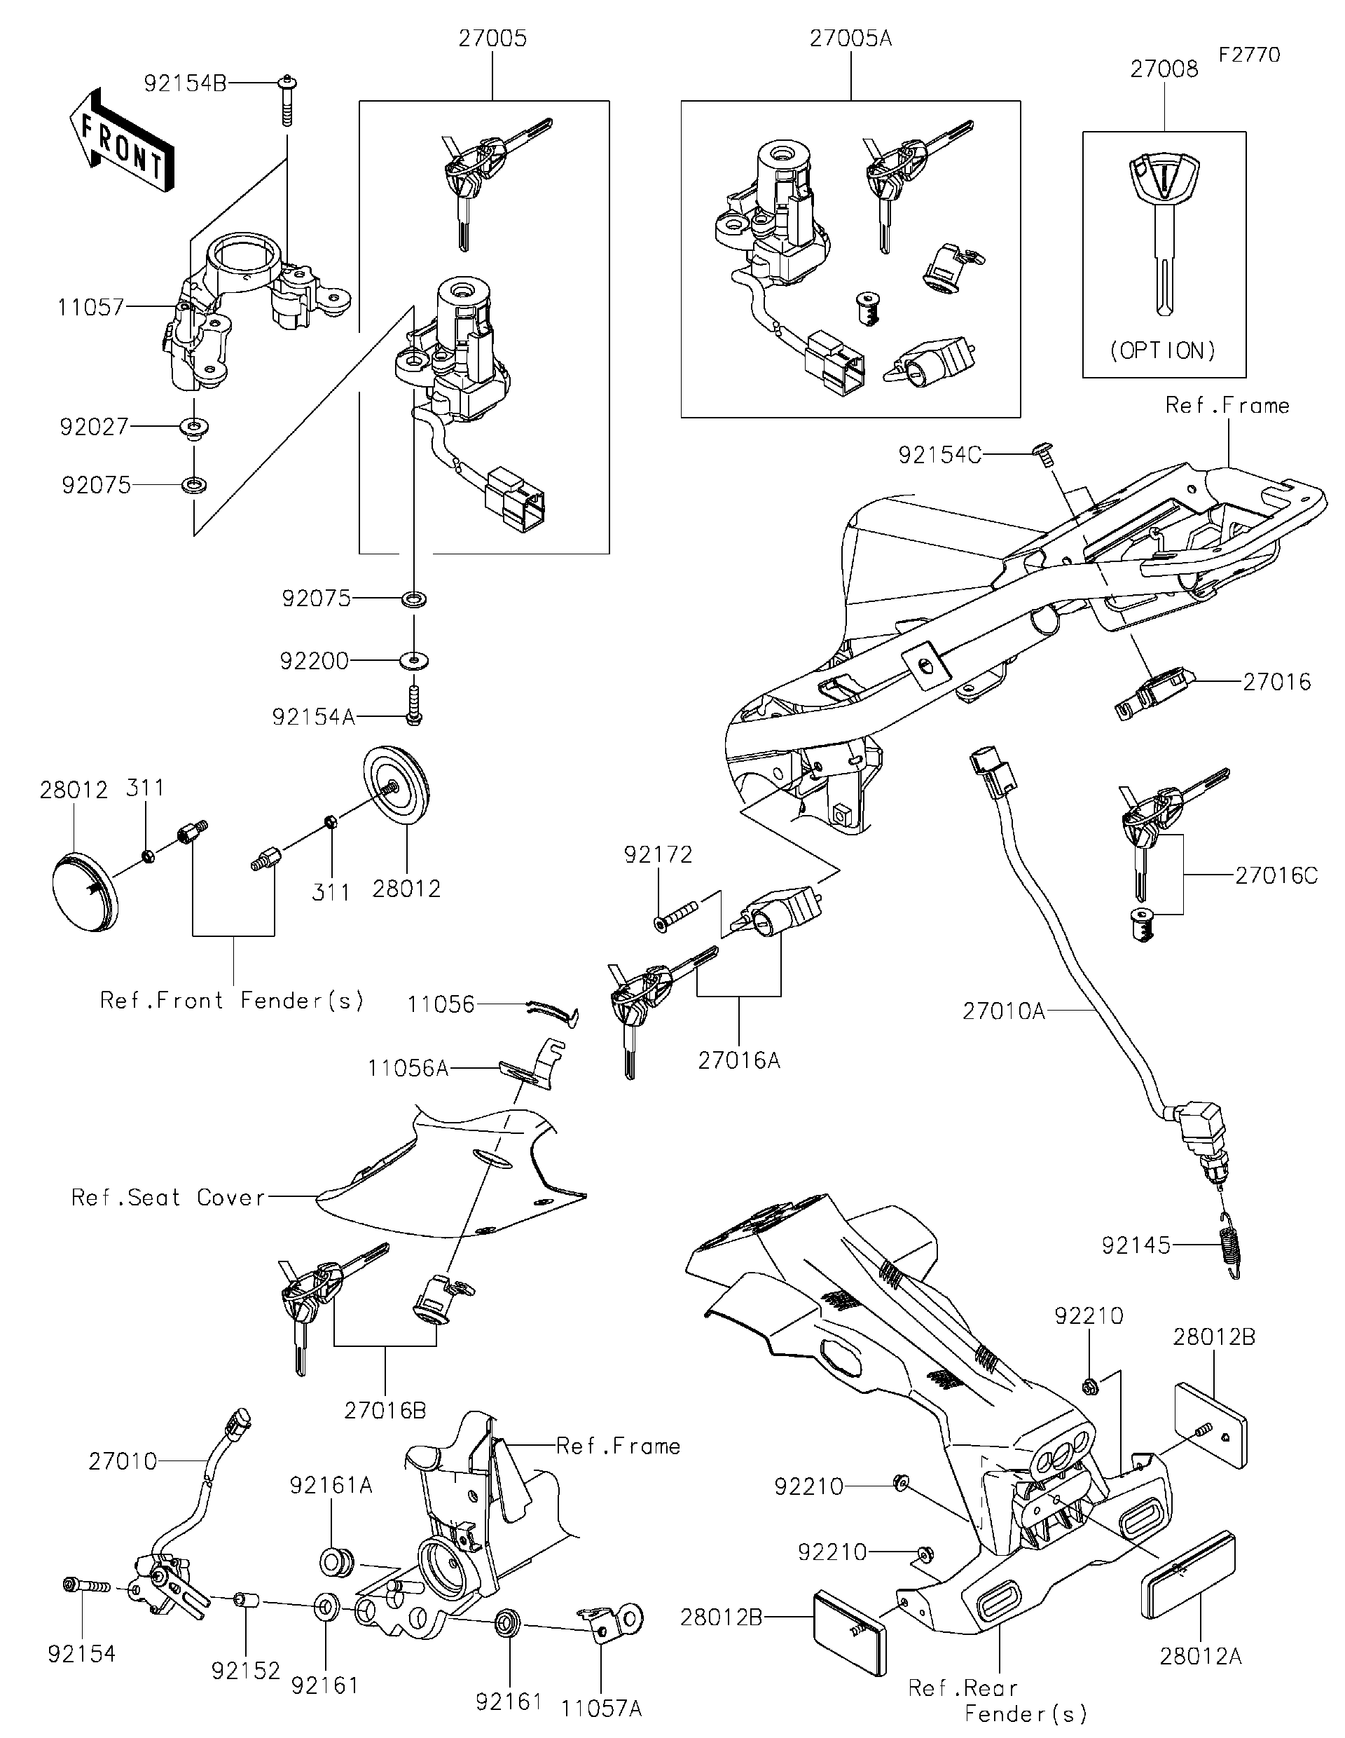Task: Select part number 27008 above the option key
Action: point(1164,69)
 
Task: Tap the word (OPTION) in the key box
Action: point(1163,350)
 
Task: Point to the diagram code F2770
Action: point(1249,54)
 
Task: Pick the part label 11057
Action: point(90,307)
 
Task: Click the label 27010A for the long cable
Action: point(1003,1011)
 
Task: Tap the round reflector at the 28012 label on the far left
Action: point(84,891)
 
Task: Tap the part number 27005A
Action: point(850,39)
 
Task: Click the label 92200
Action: point(314,660)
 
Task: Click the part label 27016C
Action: point(1276,875)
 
